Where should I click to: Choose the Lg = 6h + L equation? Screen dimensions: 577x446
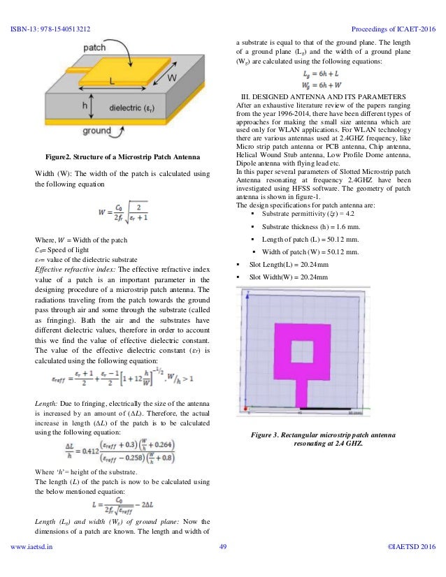[x=333, y=73]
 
